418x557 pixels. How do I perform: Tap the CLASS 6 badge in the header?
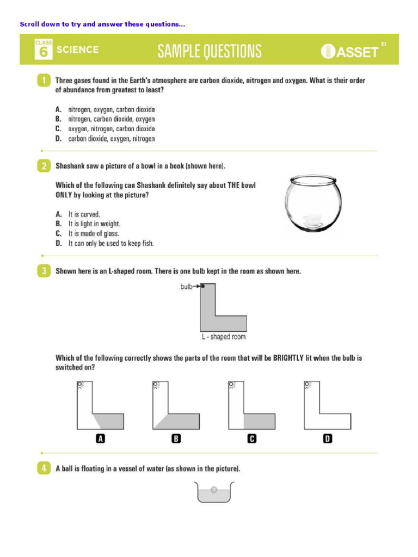[x=44, y=49]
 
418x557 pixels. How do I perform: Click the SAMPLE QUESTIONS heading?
[x=210, y=51]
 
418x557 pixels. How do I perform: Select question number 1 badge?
[x=44, y=81]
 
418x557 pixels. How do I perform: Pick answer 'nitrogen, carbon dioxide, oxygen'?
[x=111, y=119]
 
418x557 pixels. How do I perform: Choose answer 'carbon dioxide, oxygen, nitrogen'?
[x=111, y=139]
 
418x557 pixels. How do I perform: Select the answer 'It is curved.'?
[x=84, y=214]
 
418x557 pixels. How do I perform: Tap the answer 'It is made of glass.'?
[x=94, y=234]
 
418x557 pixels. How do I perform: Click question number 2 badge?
[x=44, y=165]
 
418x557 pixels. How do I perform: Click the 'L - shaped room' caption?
[x=223, y=337]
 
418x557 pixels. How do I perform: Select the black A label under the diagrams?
[x=100, y=438]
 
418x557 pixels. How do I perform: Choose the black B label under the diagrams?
[x=176, y=438]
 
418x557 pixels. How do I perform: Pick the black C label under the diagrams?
[x=251, y=438]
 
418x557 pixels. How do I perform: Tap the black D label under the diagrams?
[x=327, y=438]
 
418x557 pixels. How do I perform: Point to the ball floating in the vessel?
[x=214, y=490]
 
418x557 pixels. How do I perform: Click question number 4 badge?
[x=44, y=468]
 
